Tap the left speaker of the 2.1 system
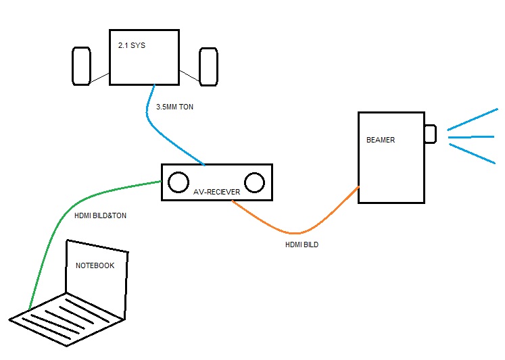(x=81, y=66)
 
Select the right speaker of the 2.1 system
(x=208, y=66)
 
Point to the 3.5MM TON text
(x=175, y=107)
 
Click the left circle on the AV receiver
(x=178, y=182)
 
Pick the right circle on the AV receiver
(x=254, y=182)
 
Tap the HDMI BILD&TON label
(x=100, y=216)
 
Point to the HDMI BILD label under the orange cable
(x=302, y=245)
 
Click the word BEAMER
(x=381, y=140)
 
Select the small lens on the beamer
(x=430, y=134)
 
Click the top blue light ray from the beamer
(x=472, y=118)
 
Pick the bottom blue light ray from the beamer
(x=472, y=153)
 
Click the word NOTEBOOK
(x=95, y=265)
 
